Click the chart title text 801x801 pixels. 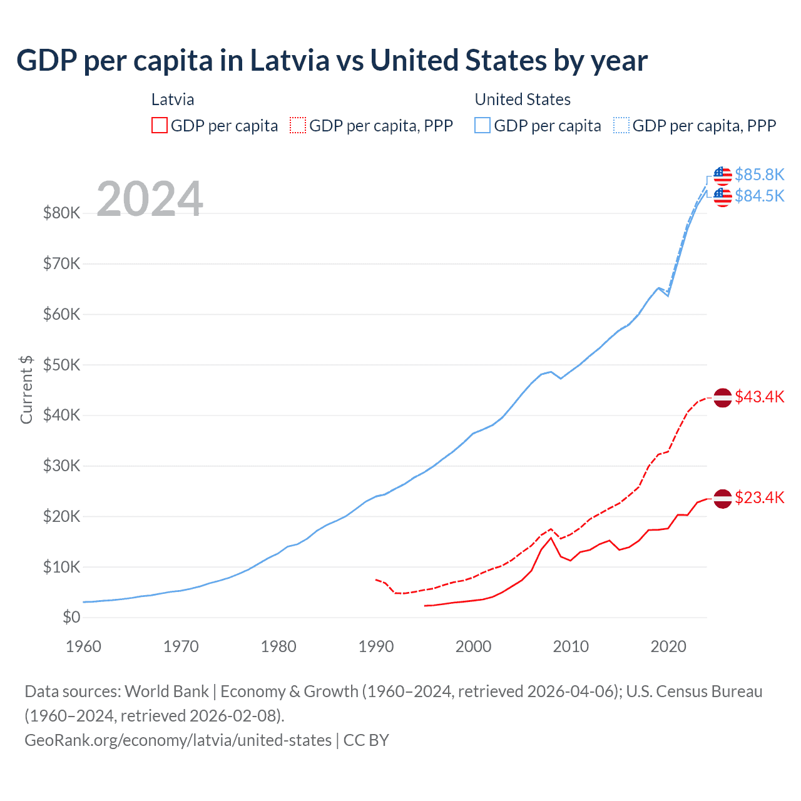(332, 61)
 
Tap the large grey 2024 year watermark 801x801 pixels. (150, 199)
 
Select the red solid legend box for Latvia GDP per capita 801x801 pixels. (160, 125)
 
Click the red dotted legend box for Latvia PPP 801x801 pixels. (298, 125)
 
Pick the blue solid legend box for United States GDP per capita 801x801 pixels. (482, 125)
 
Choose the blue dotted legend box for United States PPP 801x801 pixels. (621, 125)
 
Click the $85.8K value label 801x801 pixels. (759, 175)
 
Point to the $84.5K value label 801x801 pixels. (759, 196)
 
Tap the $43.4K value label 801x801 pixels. (759, 397)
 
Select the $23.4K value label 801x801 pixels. (759, 497)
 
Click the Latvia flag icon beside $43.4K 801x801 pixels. (723, 397)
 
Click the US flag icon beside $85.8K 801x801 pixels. (723, 175)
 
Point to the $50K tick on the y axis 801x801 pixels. (61, 365)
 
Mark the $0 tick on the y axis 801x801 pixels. (71, 618)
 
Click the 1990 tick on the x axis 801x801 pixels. (376, 646)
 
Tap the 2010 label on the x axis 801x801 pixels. (571, 646)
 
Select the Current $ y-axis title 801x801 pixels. (26, 389)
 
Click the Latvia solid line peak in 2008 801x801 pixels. (551, 538)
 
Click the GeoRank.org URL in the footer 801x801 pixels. (178, 740)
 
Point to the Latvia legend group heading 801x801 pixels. (173, 99)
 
